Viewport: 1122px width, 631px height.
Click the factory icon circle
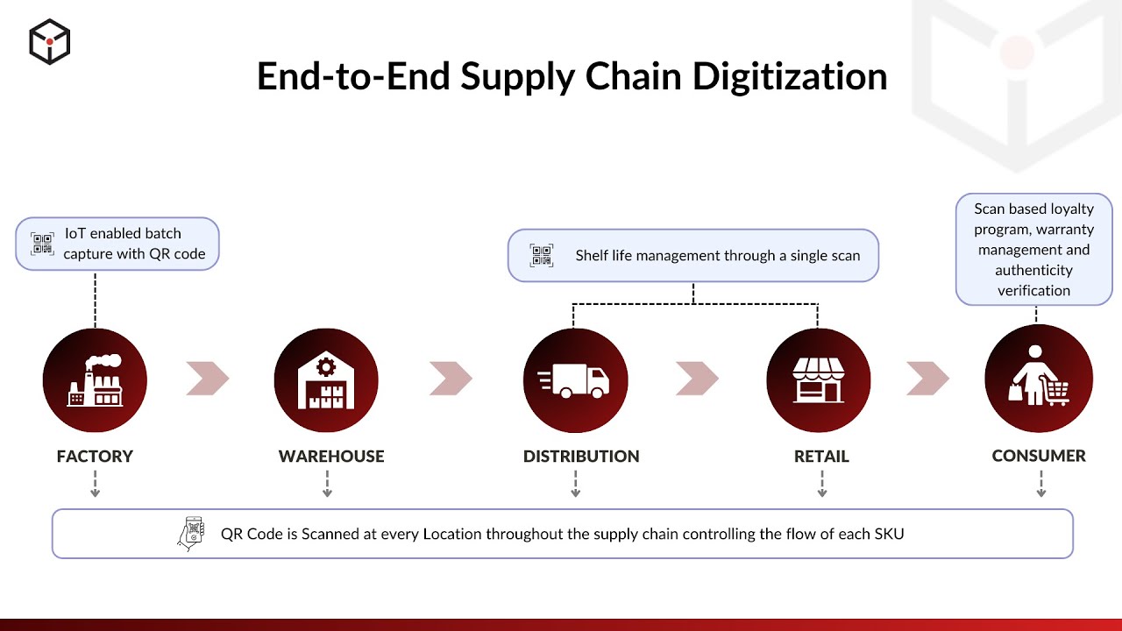tap(95, 380)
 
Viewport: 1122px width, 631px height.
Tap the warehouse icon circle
tap(326, 380)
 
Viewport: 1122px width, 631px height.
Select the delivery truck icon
tap(575, 380)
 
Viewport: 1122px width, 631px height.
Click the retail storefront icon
tap(818, 380)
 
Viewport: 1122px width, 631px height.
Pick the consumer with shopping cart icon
tap(1039, 378)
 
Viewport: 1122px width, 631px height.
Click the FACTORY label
tap(95, 457)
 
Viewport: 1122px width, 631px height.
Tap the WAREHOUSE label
tap(331, 457)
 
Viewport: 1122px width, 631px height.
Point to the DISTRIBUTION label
tap(581, 457)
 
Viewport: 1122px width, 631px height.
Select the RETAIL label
tap(821, 457)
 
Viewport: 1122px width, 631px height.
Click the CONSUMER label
tap(1039, 456)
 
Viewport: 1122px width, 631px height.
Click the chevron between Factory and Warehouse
tap(208, 379)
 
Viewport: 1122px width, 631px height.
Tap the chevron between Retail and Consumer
tap(927, 379)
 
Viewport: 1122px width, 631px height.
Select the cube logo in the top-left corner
tap(49, 41)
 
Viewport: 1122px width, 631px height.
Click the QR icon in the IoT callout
tap(42, 244)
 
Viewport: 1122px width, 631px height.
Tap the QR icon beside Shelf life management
tap(542, 256)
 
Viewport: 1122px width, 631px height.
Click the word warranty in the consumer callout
tap(1065, 230)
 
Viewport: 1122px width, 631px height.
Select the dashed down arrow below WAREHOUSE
tap(327, 484)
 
